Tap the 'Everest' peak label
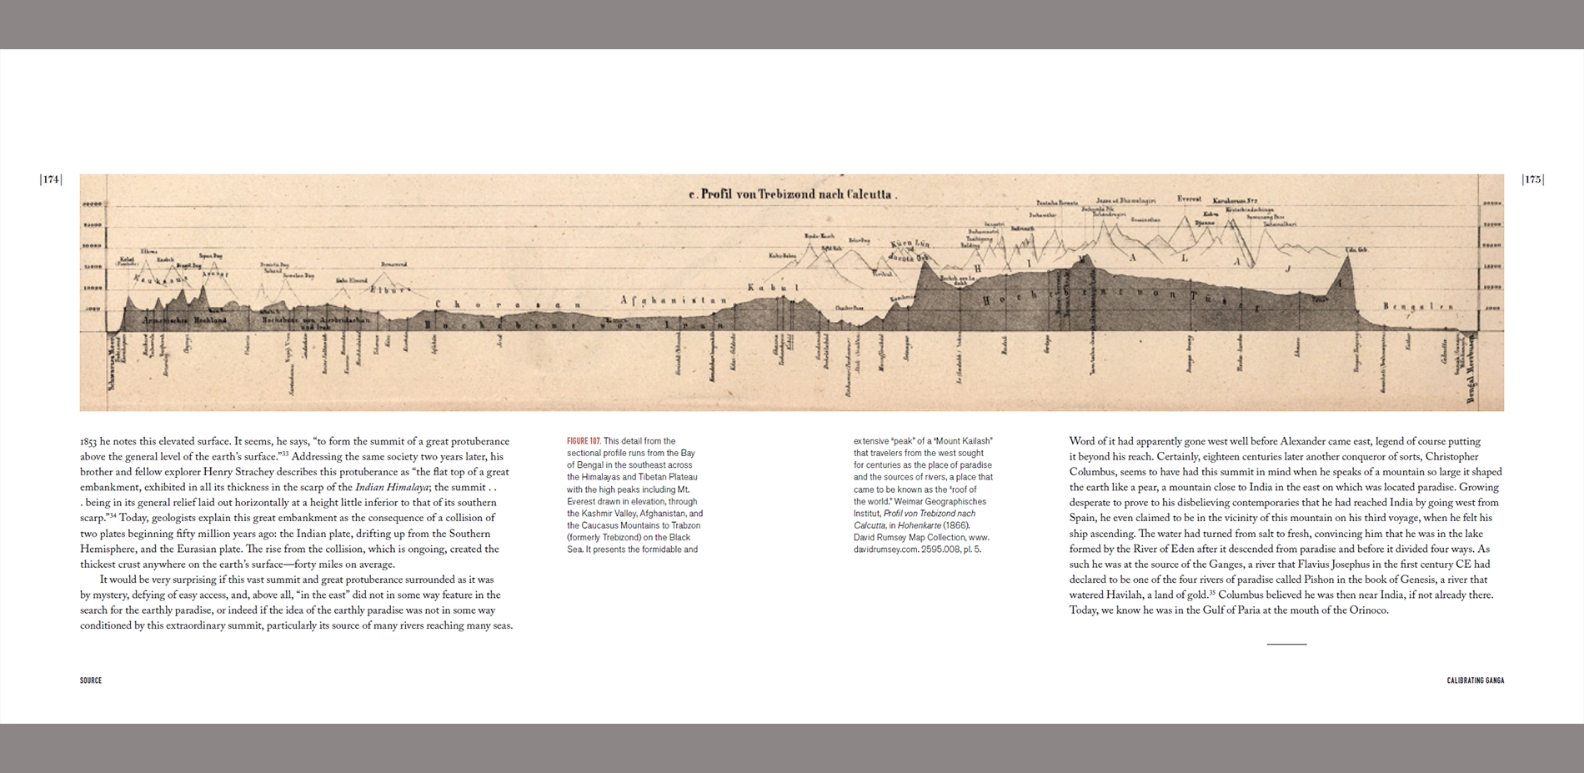[x=1189, y=199]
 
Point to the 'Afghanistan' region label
[x=674, y=299]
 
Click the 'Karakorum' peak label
[x=1235, y=201]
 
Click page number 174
[x=51, y=179]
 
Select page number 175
[x=1532, y=179]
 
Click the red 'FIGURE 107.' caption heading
[x=584, y=441]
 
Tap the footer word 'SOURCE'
[x=91, y=680]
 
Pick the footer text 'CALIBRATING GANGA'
[x=1475, y=680]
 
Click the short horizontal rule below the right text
[x=1286, y=644]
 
